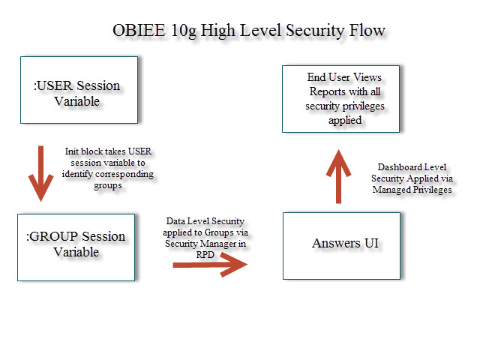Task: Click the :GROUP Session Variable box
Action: point(76,247)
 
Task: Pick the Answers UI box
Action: point(340,246)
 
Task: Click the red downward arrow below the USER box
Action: point(39,175)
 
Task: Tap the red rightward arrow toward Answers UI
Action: point(209,264)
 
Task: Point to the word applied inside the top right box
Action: point(345,120)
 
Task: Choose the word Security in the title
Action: point(309,31)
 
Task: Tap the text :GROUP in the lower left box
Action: point(50,236)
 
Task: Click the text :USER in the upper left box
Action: point(54,85)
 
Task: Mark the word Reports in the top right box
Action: point(327,91)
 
